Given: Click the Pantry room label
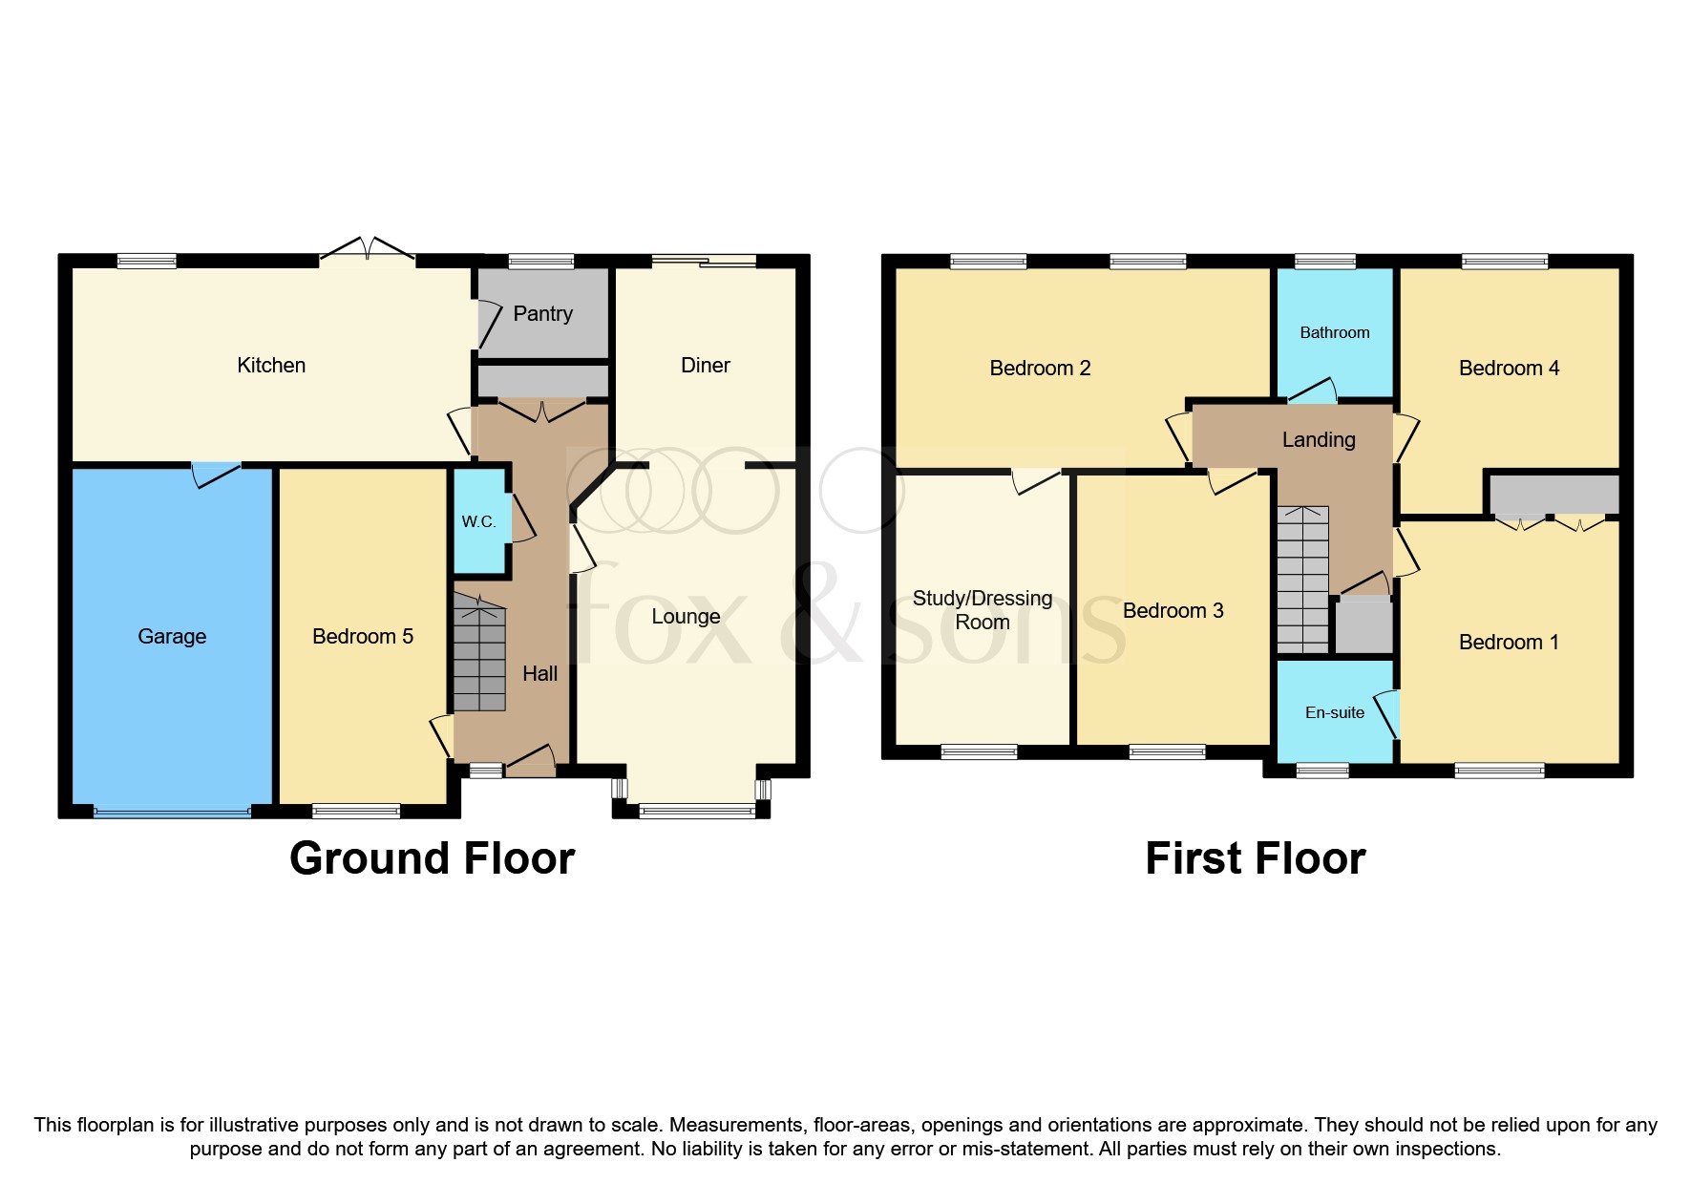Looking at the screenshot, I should point(542,313).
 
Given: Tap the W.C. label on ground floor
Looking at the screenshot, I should point(478,521).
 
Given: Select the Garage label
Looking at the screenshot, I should point(172,636).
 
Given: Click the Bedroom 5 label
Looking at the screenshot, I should point(363,636).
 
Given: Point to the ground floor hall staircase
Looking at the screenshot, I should point(478,653).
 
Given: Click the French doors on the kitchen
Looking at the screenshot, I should point(368,249).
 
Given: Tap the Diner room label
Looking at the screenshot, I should point(705,365).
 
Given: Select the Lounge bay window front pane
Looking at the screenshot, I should point(696,812).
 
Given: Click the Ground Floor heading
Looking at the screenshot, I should point(432,857).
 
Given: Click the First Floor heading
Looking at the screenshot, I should point(1255,857).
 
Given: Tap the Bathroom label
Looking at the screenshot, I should point(1334,332).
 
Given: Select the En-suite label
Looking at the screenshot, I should point(1334,712).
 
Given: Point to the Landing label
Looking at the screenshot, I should point(1318,439).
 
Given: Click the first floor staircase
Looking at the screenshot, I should point(1302,580).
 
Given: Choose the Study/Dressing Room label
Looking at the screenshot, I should point(982,609).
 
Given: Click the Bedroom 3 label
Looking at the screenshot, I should point(1173,610).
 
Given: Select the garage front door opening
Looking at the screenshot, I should point(172,813).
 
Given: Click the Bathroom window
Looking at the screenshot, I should point(1325,261).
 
